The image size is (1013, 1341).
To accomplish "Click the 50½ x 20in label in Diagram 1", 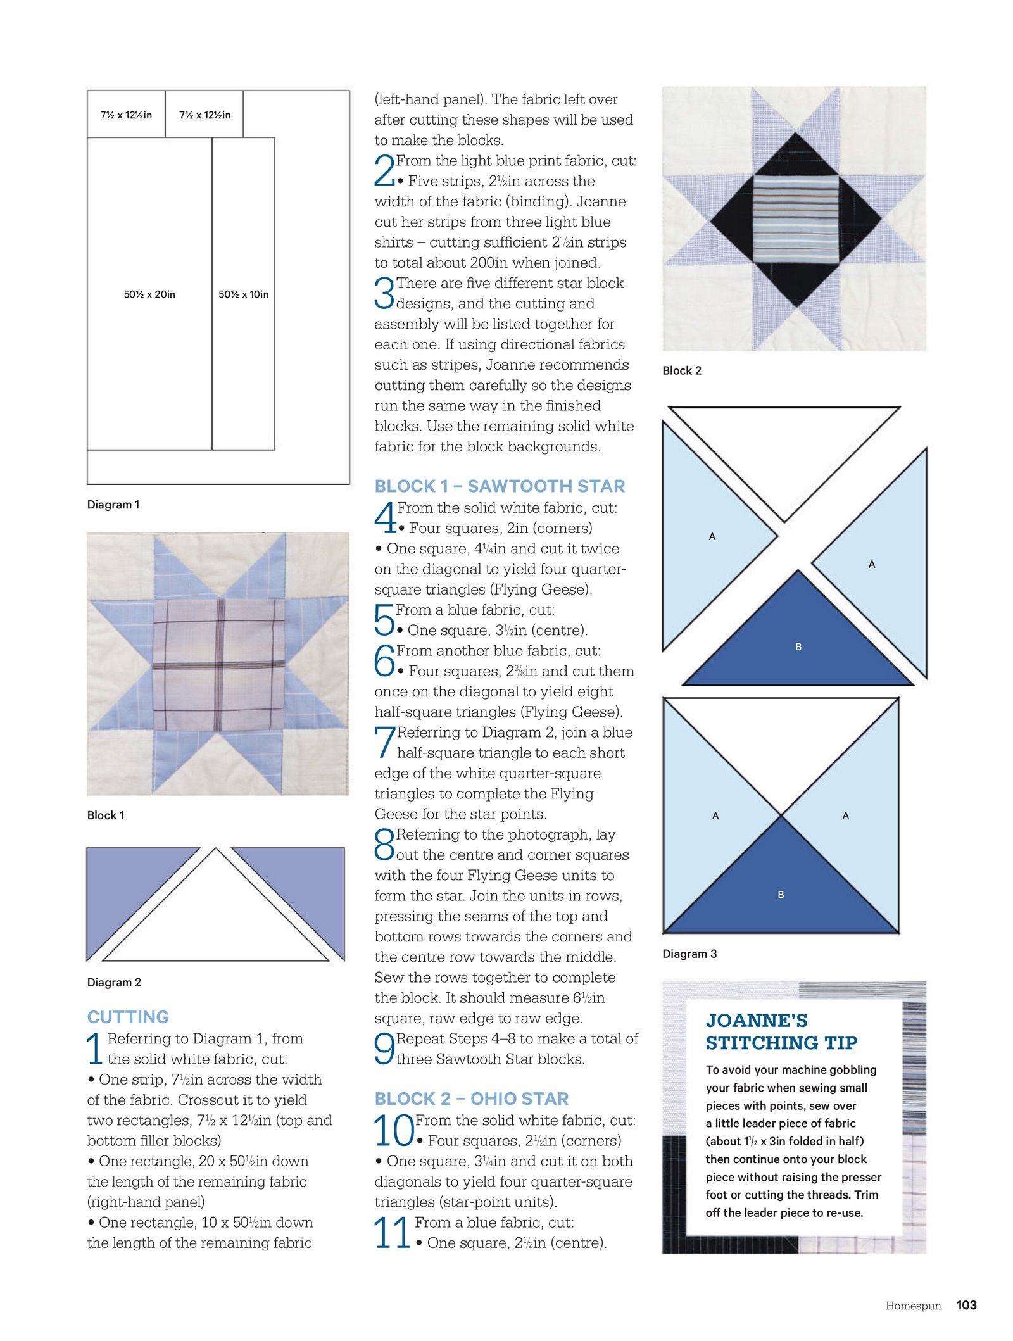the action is click(x=149, y=294).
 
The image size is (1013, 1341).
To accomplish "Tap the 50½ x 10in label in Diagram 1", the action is click(x=244, y=294).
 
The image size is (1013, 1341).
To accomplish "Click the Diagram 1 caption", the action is click(x=113, y=505).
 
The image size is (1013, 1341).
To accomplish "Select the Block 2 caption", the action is click(x=682, y=371).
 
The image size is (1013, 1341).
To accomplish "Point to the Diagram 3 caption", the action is click(x=689, y=954).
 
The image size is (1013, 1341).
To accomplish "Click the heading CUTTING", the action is click(x=128, y=1017).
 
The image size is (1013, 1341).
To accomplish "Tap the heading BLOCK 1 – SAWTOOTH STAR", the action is click(x=500, y=486).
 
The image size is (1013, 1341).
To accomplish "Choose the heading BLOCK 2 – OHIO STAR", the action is click(x=472, y=1099).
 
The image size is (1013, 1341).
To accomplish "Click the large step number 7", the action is click(x=384, y=742).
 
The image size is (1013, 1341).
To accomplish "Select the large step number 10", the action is click(x=393, y=1131).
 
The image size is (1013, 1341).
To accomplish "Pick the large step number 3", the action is click(x=384, y=293).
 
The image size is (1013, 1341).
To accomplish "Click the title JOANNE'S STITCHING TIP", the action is click(x=781, y=1032).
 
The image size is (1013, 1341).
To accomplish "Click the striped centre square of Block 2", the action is click(x=796, y=220).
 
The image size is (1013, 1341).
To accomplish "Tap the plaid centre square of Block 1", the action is click(x=218, y=664).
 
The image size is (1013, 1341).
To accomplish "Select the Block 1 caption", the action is click(x=106, y=815).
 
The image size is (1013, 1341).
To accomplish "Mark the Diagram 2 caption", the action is click(x=114, y=983).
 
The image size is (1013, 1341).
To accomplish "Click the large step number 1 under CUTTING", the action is click(x=95, y=1048).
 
